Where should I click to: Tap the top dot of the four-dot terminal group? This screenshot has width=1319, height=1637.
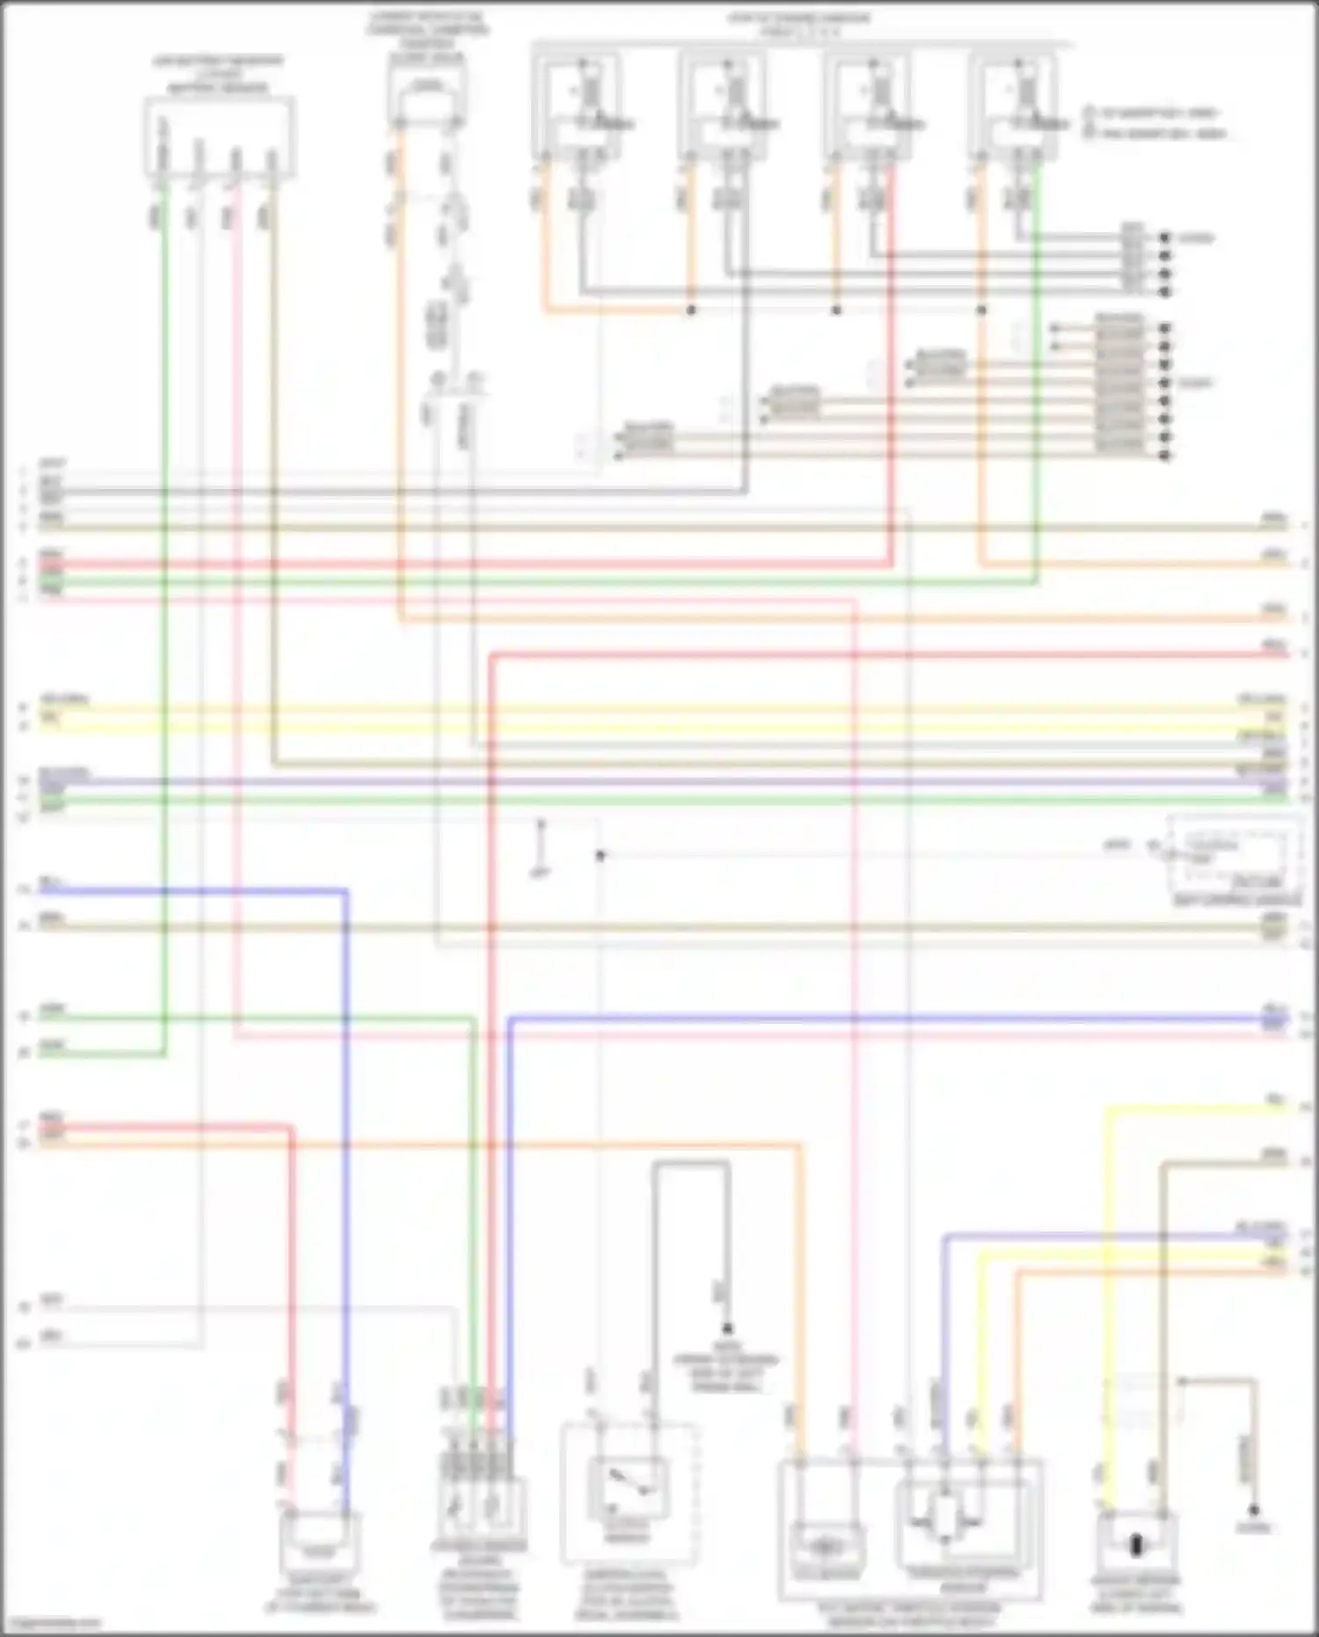click(x=1165, y=238)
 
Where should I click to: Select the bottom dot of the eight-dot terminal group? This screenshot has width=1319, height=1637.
click(x=1165, y=456)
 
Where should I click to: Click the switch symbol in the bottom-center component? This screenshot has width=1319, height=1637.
click(x=628, y=1485)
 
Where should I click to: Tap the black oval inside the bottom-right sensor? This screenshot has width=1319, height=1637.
click(x=1135, y=1545)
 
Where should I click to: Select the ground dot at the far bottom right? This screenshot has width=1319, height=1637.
click(x=1254, y=1509)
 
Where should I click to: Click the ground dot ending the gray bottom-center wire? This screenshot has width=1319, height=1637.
click(x=727, y=1328)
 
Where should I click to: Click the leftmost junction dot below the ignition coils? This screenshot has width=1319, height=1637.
click(x=691, y=311)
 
